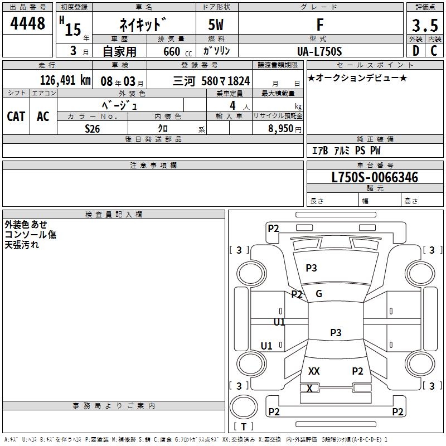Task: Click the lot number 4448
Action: [28, 24]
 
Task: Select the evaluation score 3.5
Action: [425, 26]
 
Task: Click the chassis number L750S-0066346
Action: [375, 178]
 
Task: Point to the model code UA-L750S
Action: [320, 51]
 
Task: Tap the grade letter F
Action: [319, 25]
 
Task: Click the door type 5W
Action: [217, 25]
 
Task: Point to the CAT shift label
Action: [16, 116]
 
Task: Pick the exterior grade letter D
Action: [416, 51]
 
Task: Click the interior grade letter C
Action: [434, 51]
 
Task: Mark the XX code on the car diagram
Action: [314, 371]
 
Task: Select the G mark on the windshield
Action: [319, 294]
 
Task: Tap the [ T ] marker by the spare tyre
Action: [243, 426]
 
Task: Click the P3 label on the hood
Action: [311, 268]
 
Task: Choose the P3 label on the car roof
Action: [336, 333]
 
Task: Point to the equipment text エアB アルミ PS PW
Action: [346, 151]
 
